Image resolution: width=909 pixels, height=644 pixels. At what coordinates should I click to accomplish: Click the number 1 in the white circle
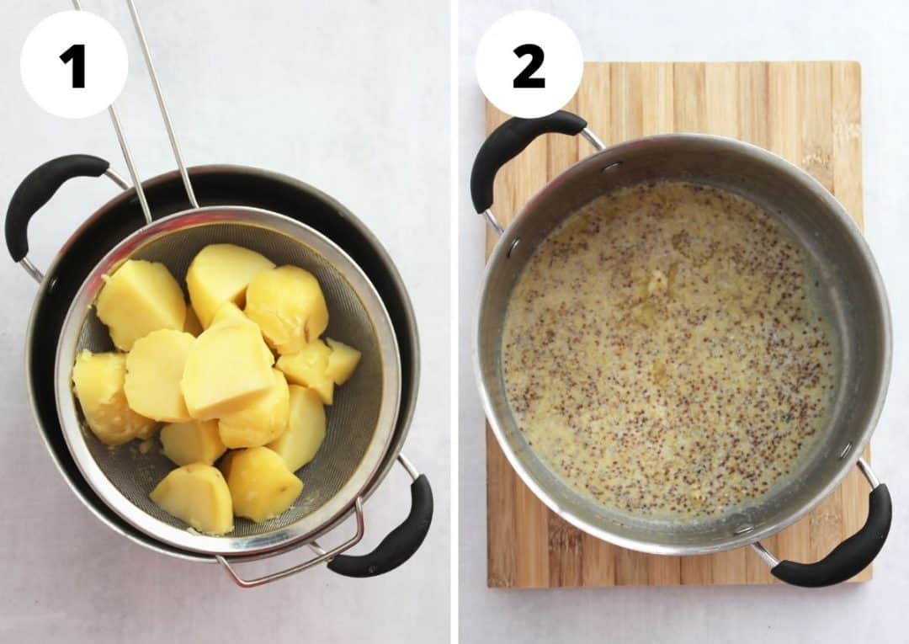(74, 65)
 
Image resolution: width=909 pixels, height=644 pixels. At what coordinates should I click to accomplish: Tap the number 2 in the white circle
(529, 65)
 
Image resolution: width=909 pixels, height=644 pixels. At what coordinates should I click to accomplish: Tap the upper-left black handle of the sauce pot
(513, 152)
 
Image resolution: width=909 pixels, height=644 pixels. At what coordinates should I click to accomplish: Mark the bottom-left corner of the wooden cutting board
(492, 581)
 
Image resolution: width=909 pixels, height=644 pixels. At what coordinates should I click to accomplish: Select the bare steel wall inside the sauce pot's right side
(858, 354)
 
